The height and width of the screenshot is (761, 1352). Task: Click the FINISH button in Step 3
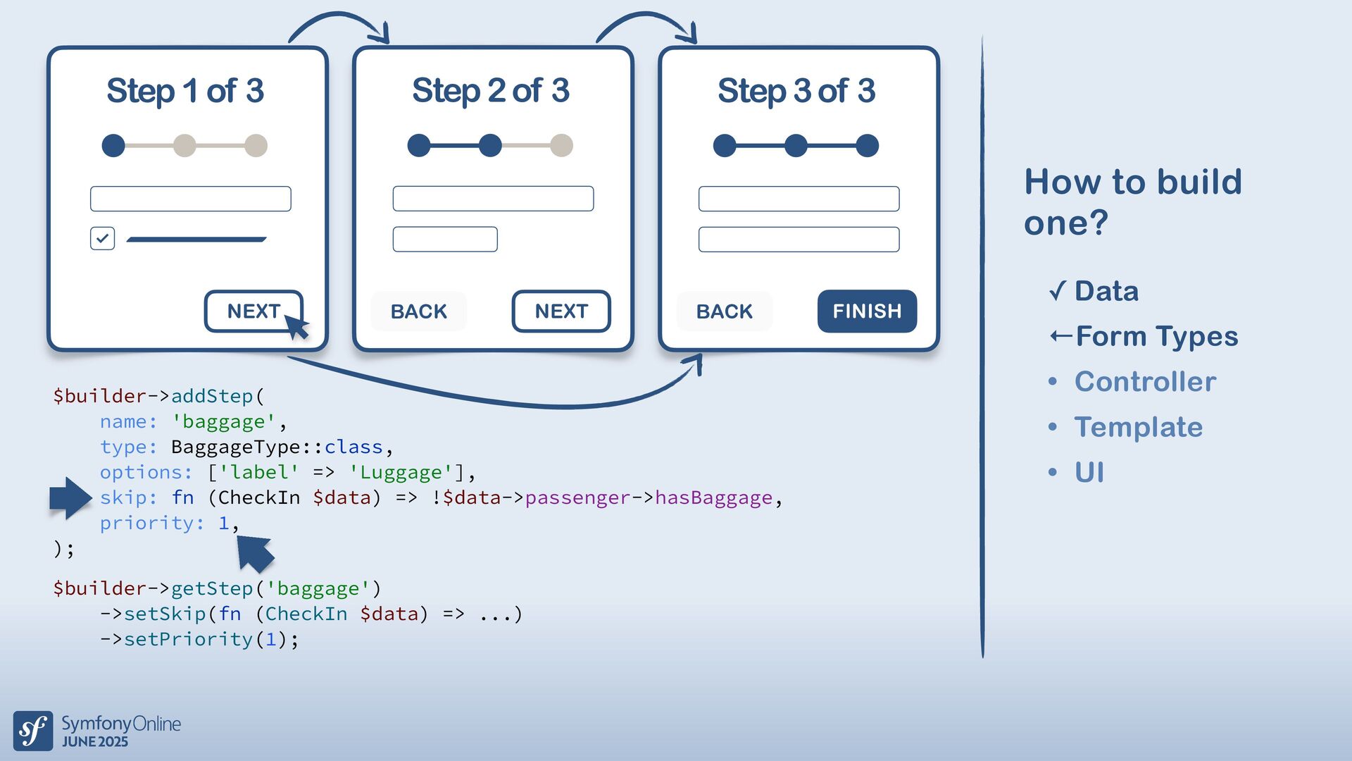tap(867, 311)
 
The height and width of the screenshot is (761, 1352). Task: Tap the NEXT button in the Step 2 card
tap(561, 311)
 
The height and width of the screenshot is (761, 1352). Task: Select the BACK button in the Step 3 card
tap(724, 311)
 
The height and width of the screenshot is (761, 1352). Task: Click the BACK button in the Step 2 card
tap(418, 311)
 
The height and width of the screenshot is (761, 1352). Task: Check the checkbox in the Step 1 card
tap(103, 238)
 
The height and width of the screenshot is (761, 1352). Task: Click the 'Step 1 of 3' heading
tap(185, 91)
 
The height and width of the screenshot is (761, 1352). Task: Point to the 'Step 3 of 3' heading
tap(796, 91)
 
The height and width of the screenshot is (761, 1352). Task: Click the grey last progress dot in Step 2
tap(561, 146)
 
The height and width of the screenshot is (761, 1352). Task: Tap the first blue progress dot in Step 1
tap(113, 146)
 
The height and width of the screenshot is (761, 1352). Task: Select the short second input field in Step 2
tap(445, 239)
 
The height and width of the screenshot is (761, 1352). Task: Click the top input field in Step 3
tap(799, 199)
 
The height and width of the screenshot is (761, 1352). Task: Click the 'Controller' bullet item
tap(1145, 381)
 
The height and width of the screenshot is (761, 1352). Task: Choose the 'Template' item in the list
tap(1138, 427)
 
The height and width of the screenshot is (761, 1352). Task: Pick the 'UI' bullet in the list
tap(1089, 472)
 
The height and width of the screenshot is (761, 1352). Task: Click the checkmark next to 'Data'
tap(1057, 290)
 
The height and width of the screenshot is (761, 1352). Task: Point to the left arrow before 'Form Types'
tap(1061, 336)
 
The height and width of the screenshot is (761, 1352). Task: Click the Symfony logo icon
tap(33, 731)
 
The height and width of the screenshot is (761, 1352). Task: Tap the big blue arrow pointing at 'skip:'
tap(70, 497)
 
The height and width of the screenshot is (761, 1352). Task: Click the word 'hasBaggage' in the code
tap(713, 497)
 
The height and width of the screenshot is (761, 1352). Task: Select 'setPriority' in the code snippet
tap(188, 639)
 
